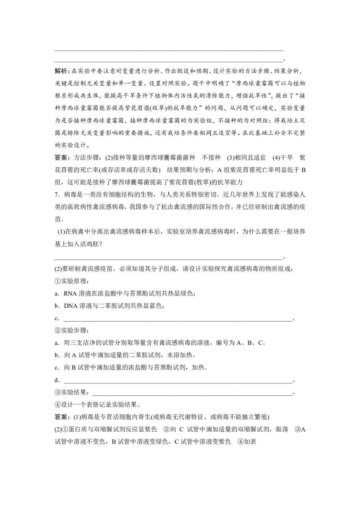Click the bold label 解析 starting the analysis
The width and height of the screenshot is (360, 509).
[x=62, y=71]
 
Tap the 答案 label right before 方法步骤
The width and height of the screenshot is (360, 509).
[x=62, y=158]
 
